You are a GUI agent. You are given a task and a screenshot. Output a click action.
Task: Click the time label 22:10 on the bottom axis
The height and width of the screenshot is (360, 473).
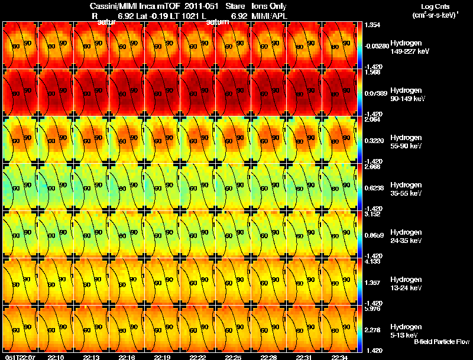click(56, 357)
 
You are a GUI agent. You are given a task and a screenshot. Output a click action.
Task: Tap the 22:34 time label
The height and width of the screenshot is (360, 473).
click(339, 357)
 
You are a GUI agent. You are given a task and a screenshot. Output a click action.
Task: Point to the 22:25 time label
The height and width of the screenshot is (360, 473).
click(233, 357)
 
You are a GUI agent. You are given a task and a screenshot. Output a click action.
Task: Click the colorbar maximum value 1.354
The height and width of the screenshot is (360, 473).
click(373, 24)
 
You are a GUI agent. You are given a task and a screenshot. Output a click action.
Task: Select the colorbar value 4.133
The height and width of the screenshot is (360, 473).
click(373, 261)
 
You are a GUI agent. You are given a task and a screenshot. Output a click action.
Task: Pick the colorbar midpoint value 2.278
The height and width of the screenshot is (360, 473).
click(373, 330)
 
